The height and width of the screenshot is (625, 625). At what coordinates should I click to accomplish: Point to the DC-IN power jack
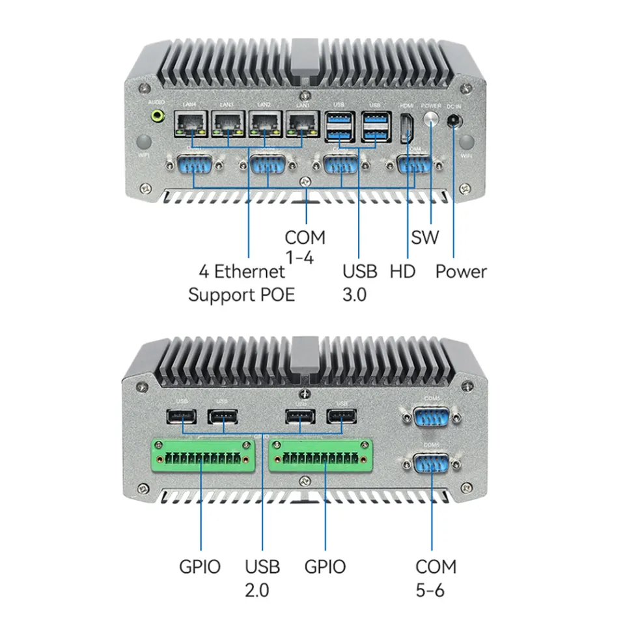click(x=454, y=120)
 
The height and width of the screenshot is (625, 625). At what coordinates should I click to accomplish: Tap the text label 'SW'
click(x=425, y=237)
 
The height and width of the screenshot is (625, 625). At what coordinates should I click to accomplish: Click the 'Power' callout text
click(x=461, y=271)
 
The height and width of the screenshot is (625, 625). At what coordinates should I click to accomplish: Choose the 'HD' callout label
click(x=402, y=271)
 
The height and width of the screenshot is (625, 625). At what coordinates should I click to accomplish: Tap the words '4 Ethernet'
click(x=242, y=271)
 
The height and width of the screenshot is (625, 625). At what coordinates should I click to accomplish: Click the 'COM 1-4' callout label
click(x=305, y=247)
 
